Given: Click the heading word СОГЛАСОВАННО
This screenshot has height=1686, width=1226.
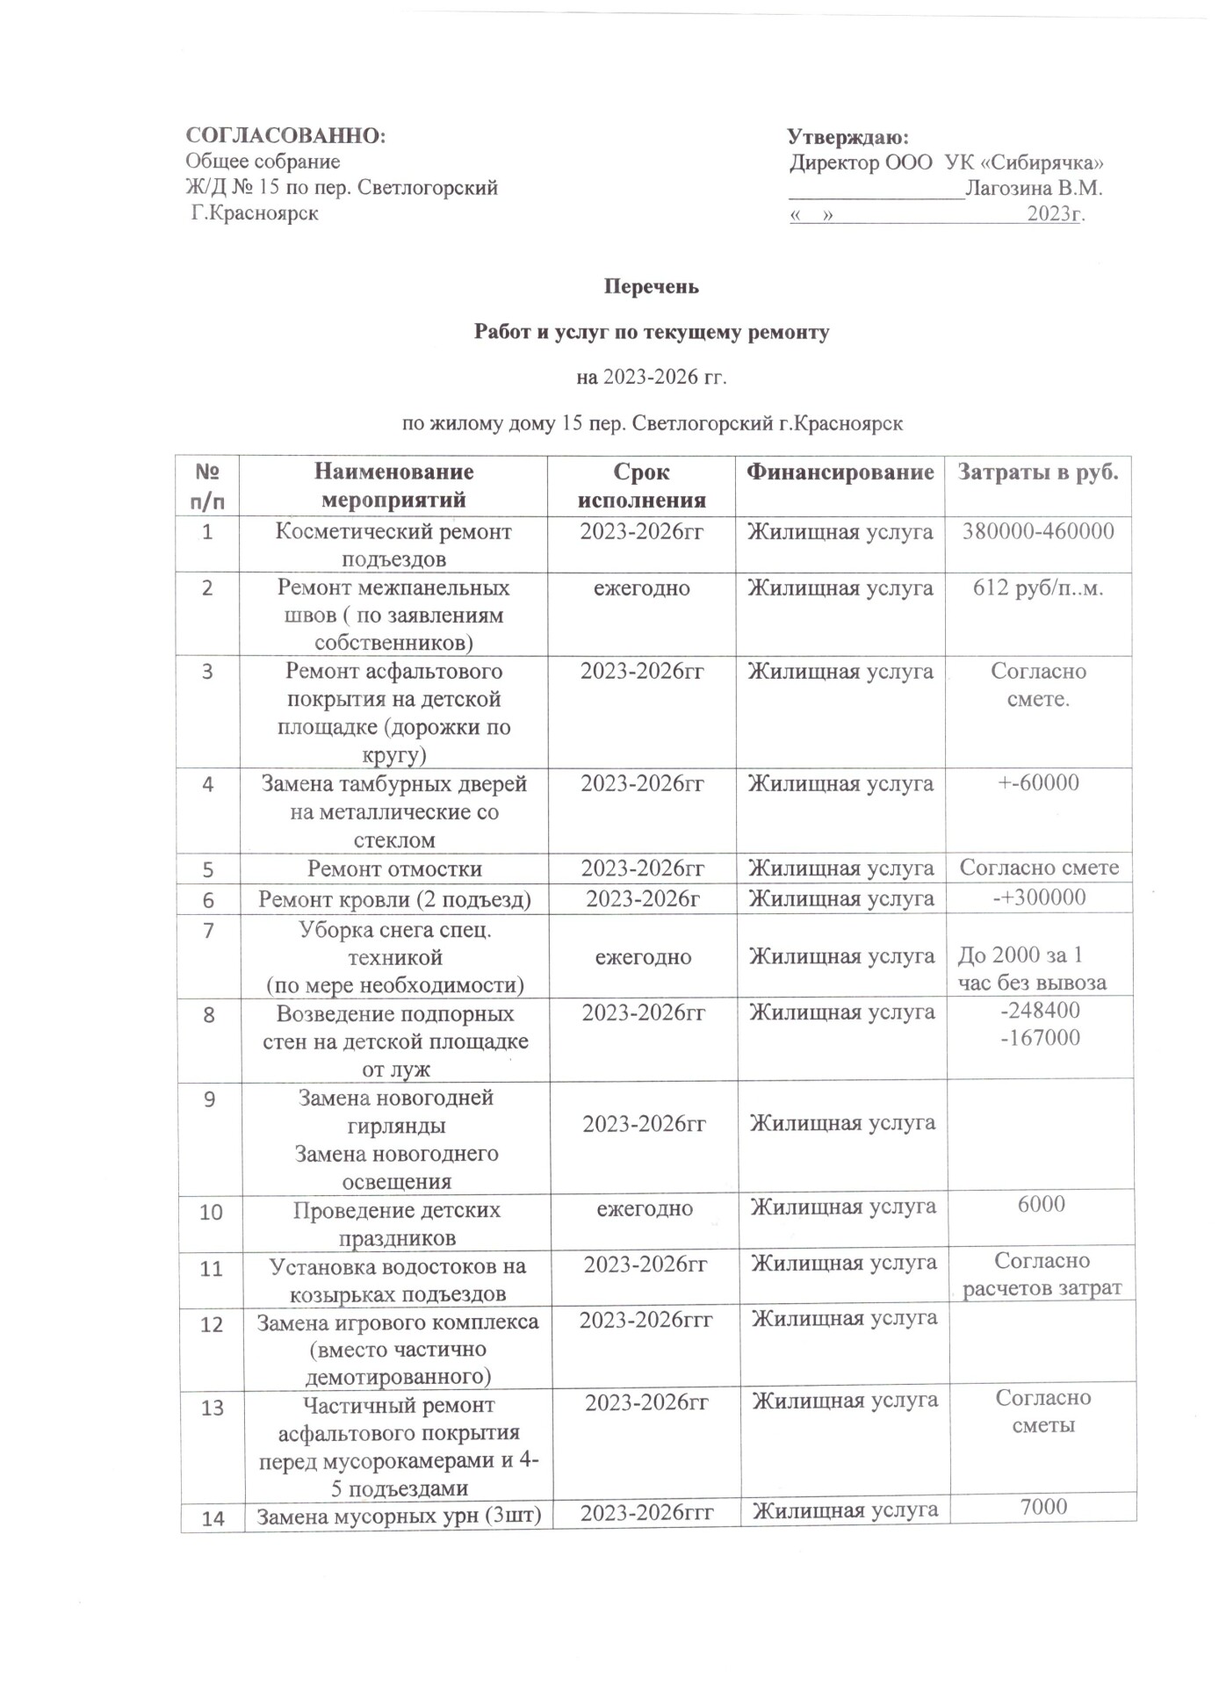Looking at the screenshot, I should click(285, 136).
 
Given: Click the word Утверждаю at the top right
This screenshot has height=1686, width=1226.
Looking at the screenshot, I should click(847, 138).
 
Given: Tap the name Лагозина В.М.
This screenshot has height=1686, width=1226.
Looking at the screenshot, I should click(1034, 188).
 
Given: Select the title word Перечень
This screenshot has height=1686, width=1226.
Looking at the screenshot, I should click(651, 287).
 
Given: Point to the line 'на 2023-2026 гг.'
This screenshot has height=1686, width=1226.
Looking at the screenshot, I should click(652, 378).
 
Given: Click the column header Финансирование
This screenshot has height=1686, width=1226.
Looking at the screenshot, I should click(840, 472).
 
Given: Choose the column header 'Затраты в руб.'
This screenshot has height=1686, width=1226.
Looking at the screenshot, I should click(1038, 472).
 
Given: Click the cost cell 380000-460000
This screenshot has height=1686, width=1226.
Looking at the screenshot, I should click(1038, 531).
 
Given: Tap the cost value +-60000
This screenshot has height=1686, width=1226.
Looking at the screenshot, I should click(1038, 783).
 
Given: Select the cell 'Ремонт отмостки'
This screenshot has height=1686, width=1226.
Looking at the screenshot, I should click(394, 869).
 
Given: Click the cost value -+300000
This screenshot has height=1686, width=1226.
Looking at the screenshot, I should click(1039, 897).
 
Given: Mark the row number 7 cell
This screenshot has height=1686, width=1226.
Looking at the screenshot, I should click(208, 930).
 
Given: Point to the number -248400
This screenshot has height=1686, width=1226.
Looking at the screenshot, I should click(1041, 1011).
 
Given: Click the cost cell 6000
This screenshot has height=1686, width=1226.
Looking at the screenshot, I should click(1042, 1204).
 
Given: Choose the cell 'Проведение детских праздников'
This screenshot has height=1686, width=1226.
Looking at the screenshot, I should click(396, 1223).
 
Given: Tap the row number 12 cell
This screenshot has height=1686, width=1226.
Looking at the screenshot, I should click(212, 1325).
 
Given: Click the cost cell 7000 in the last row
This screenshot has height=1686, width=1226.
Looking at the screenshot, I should click(1043, 1507).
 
